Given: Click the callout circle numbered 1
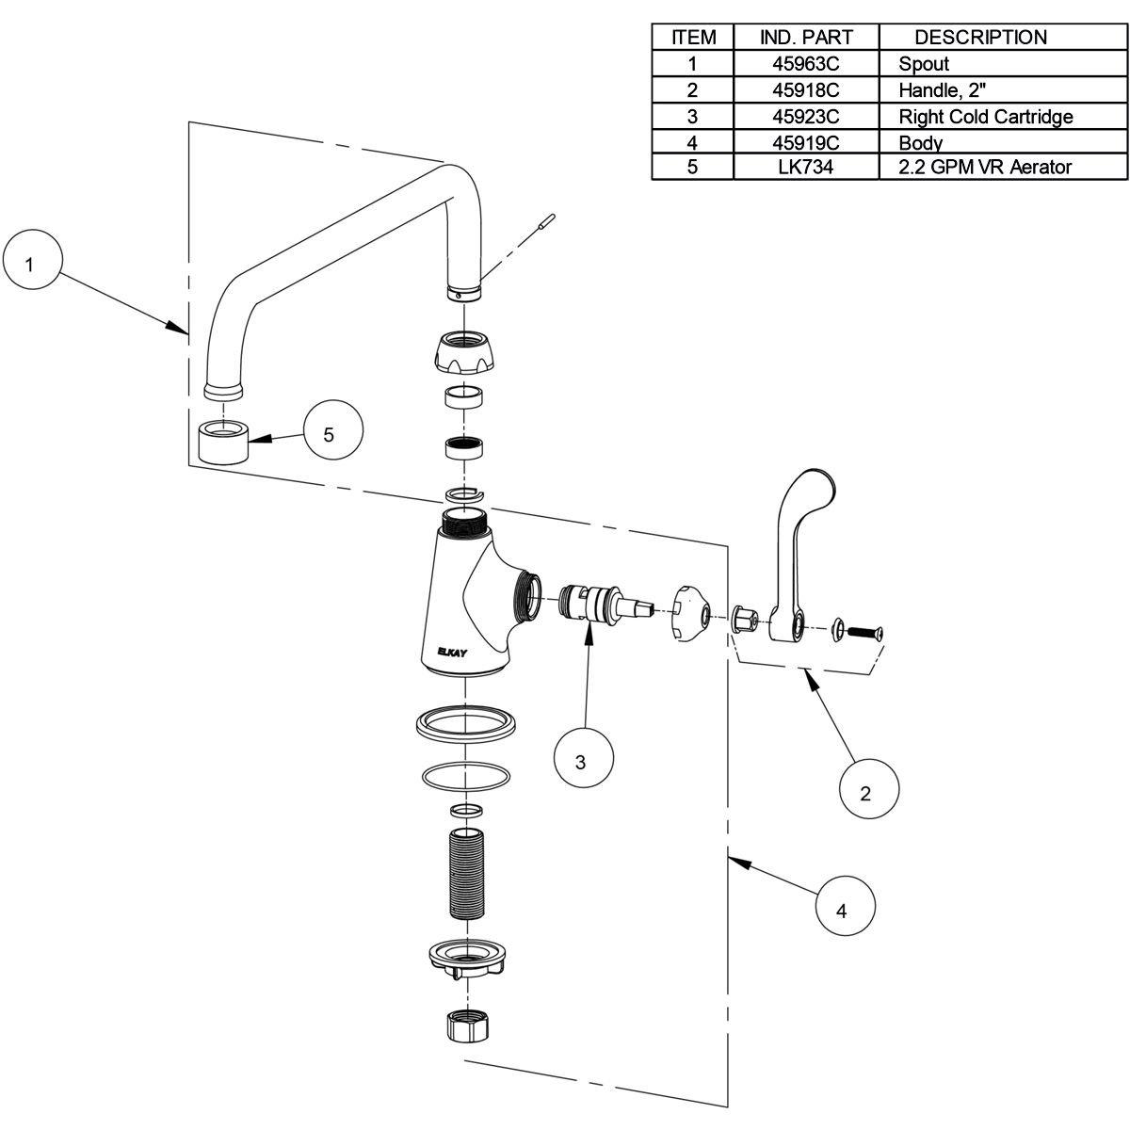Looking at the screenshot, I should (29, 265).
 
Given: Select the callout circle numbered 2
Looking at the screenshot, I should (865, 793).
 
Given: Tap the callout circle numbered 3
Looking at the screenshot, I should (581, 762).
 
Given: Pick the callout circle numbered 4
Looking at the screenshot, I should (842, 910).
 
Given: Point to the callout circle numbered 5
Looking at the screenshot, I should (328, 434).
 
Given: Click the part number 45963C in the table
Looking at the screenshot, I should (805, 64).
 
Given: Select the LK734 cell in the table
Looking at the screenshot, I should (805, 168).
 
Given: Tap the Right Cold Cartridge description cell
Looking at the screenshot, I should (985, 117).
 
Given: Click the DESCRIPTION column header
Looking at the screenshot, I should (980, 38).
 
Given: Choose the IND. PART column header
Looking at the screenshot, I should (805, 38).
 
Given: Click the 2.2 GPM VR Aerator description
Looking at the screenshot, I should (985, 168).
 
